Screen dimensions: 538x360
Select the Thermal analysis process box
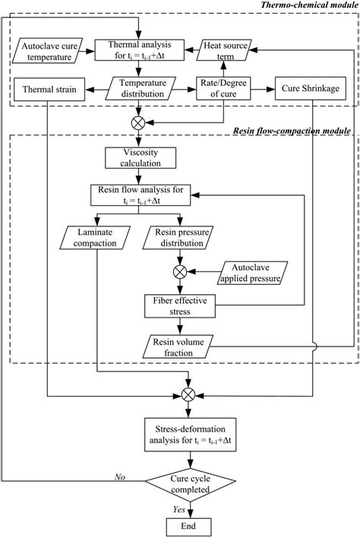(x=139, y=51)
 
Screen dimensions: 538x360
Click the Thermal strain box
(x=46, y=88)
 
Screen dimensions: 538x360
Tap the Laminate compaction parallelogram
(x=97, y=238)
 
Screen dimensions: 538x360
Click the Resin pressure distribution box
(x=179, y=238)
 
